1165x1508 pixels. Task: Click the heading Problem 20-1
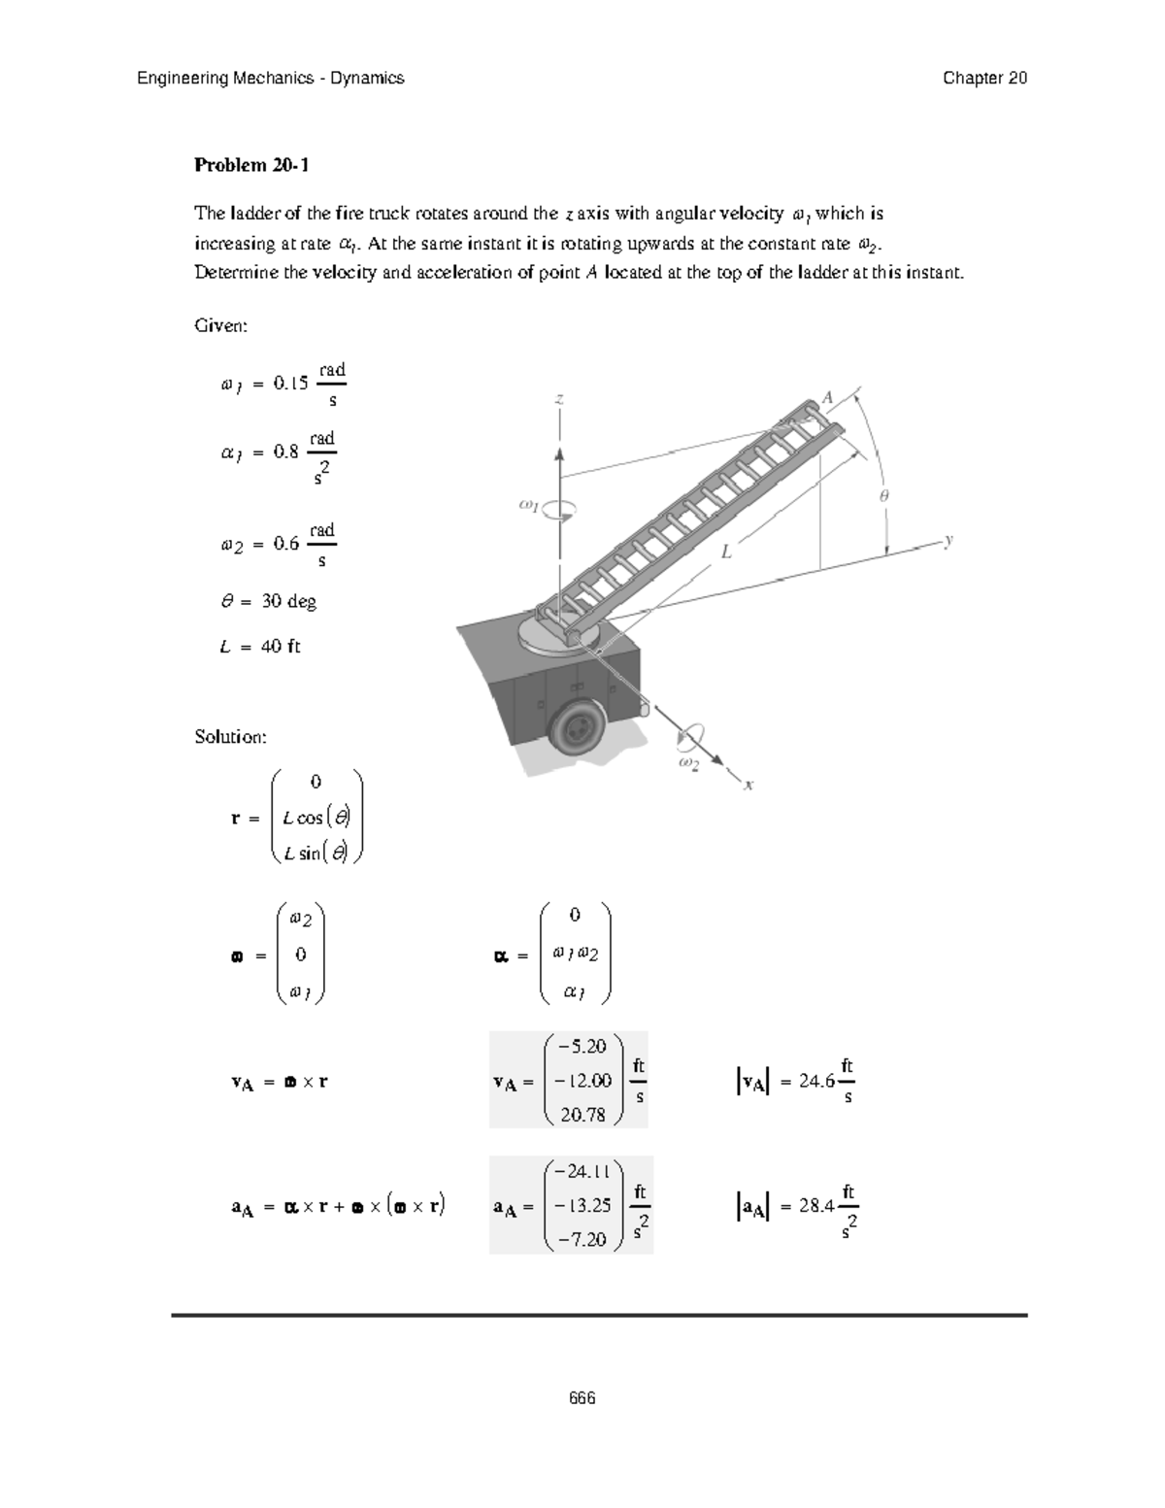point(251,165)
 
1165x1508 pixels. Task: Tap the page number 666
point(582,1398)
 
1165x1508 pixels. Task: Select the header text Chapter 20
point(984,79)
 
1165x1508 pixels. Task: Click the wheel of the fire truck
point(579,726)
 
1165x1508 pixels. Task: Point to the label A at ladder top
point(828,397)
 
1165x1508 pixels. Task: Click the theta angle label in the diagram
point(883,495)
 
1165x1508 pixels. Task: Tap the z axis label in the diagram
point(559,399)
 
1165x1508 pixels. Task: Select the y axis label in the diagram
point(949,540)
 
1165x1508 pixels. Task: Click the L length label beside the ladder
point(725,553)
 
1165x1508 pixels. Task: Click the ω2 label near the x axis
point(687,764)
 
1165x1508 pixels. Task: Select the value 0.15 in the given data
point(290,384)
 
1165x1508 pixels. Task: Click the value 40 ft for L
point(281,647)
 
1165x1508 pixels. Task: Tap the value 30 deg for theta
point(288,602)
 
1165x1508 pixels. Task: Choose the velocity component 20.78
point(582,1115)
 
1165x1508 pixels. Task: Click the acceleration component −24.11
point(581,1171)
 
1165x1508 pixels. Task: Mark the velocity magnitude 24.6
point(816,1082)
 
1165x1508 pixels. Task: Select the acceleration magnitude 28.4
point(816,1207)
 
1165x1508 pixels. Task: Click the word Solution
point(230,737)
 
